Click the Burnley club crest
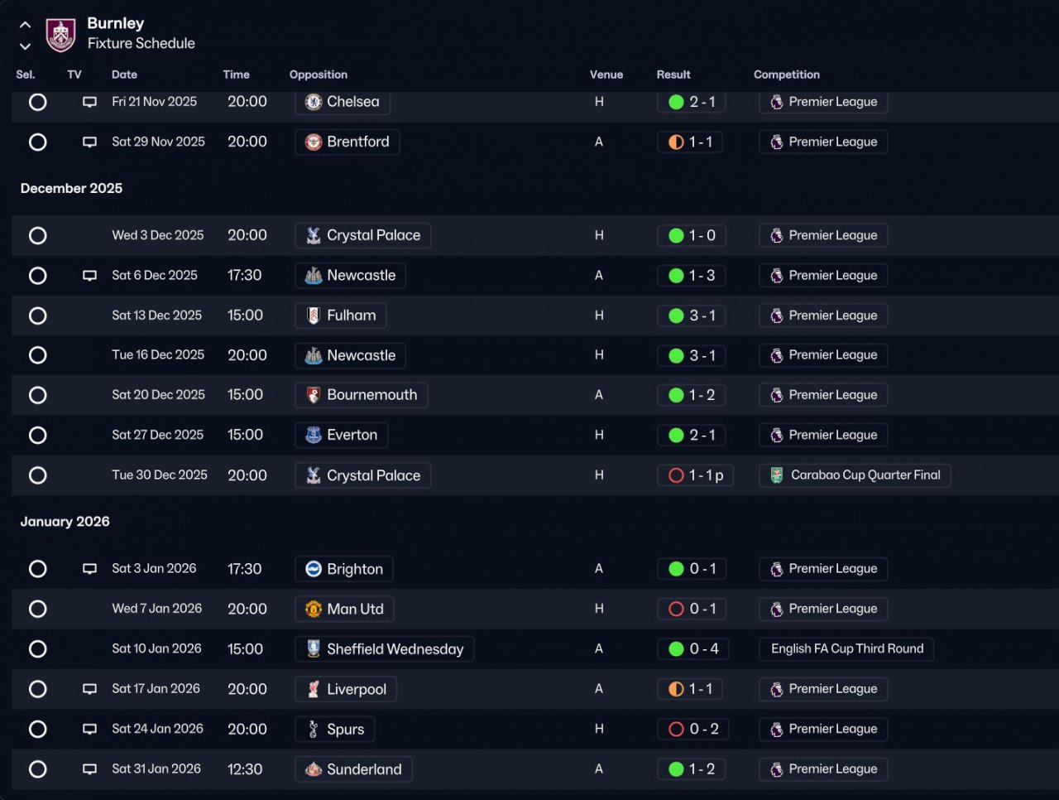tap(60, 35)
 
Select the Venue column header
tap(606, 75)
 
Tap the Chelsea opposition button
tap(342, 102)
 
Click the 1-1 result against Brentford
tap(690, 142)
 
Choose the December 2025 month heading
tap(71, 188)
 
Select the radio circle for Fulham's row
tap(37, 316)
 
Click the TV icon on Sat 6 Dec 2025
tap(89, 275)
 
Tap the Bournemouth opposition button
tap(361, 395)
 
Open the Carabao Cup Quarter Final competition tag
tap(855, 475)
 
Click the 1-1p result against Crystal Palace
tap(695, 475)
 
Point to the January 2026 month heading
tap(65, 522)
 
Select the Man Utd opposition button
tap(344, 609)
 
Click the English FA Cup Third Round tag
tap(846, 648)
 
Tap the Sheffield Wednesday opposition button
tap(384, 649)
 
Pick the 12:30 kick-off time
tap(245, 769)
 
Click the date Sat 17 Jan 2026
tap(156, 688)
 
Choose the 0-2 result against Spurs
tap(692, 729)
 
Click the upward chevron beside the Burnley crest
tap(25, 25)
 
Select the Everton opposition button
tap(341, 435)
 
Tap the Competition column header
tap(787, 75)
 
